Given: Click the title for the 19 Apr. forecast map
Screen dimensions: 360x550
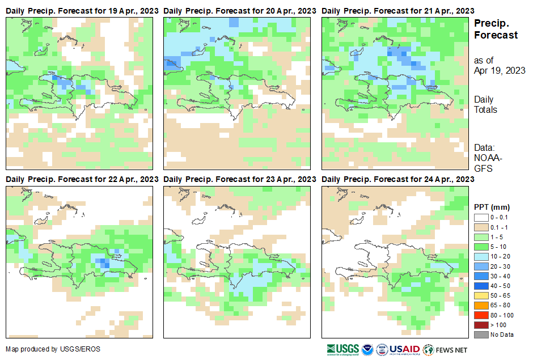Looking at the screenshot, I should (82, 11).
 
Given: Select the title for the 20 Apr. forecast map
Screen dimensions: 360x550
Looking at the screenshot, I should (240, 11).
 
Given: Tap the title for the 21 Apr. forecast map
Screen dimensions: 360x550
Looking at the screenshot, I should (398, 11).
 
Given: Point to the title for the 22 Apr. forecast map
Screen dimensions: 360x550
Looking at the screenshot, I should (82, 179).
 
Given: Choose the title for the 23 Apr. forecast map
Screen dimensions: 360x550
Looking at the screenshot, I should (240, 179).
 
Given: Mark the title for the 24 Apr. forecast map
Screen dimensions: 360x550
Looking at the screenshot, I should (398, 179).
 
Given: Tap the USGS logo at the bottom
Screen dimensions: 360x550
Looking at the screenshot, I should (343, 349).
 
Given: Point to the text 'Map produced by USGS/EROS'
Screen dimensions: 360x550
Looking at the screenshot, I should (53, 349).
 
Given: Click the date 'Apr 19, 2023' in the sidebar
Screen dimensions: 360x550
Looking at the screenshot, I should (500, 70).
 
